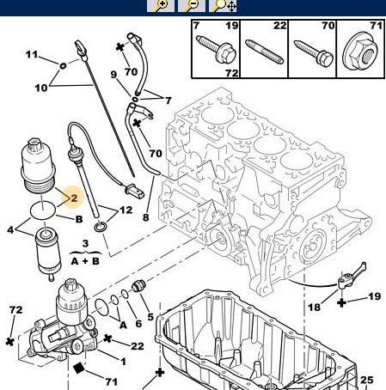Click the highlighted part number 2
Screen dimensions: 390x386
pyautogui.click(x=74, y=198)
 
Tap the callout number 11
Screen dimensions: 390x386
pyautogui.click(x=31, y=56)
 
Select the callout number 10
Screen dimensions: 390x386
pyautogui.click(x=40, y=88)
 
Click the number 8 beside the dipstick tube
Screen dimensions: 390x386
pyautogui.click(x=145, y=218)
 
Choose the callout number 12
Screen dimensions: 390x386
pyautogui.click(x=126, y=210)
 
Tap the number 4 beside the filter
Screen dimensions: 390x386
pyautogui.click(x=10, y=229)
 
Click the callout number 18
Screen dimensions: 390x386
pyautogui.click(x=315, y=307)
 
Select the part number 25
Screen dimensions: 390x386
pyautogui.click(x=366, y=380)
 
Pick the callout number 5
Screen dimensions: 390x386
pyautogui.click(x=150, y=318)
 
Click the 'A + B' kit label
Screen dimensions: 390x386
pyautogui.click(x=84, y=260)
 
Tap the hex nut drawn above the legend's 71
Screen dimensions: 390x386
pyautogui.click(x=360, y=57)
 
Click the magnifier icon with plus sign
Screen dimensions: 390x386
pyautogui.click(x=160, y=5)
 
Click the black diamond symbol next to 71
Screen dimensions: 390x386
pyautogui.click(x=78, y=368)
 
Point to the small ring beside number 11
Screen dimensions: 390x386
pyautogui.click(x=63, y=64)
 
